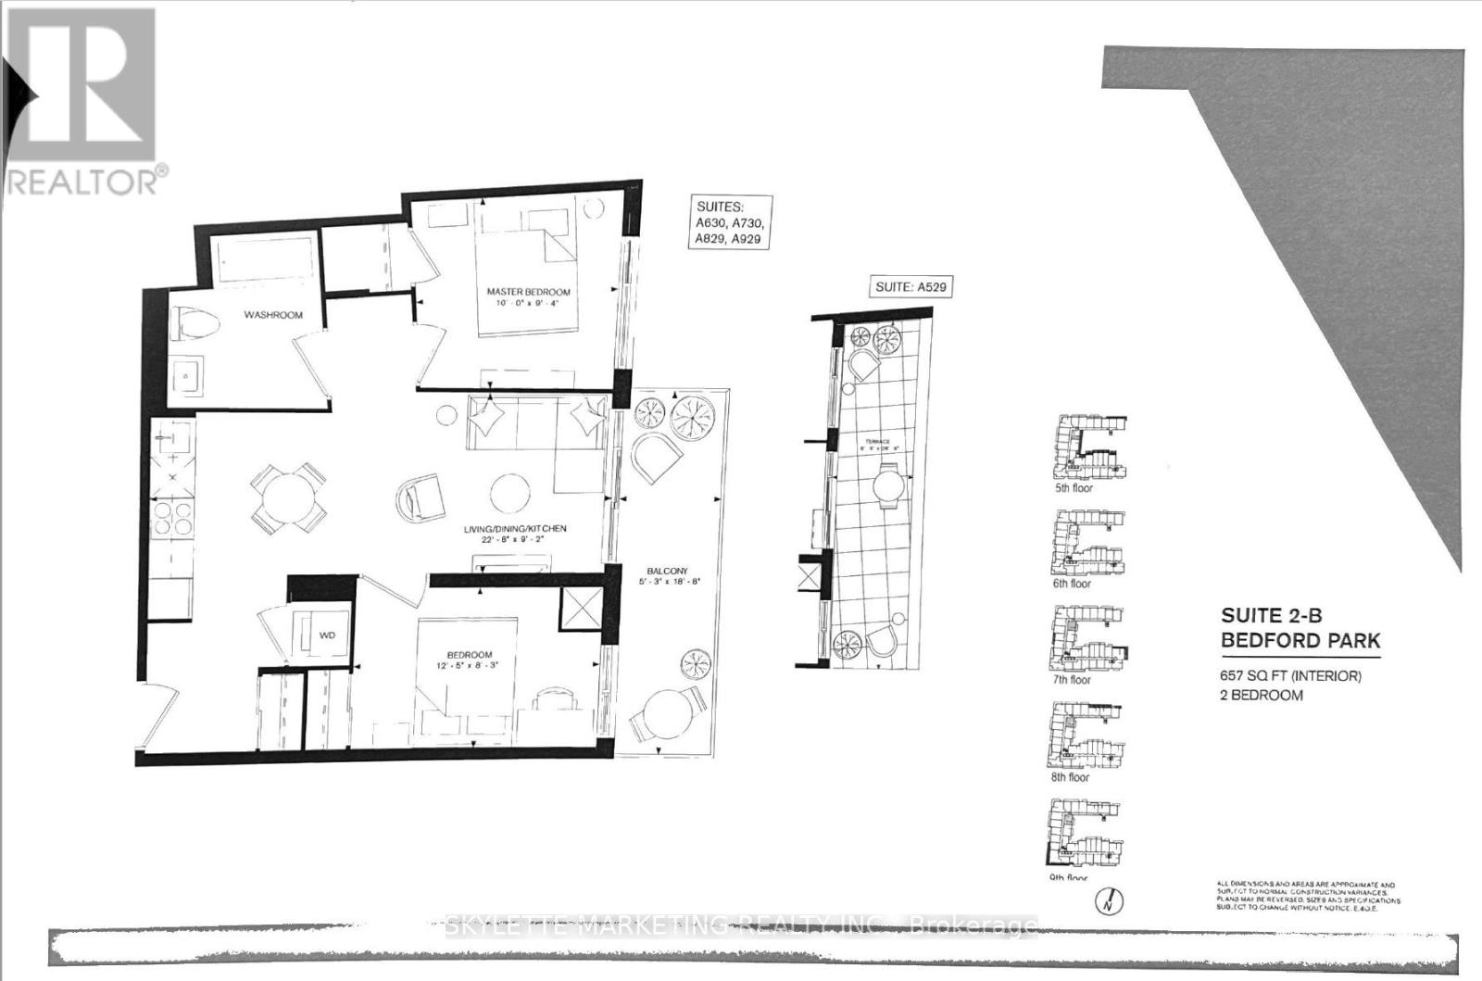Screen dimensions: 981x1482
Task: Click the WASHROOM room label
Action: (273, 315)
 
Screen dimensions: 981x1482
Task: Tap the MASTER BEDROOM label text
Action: (529, 292)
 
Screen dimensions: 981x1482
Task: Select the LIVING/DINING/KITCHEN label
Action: (515, 529)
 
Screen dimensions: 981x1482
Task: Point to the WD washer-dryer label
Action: (326, 635)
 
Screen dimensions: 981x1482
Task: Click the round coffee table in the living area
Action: (510, 493)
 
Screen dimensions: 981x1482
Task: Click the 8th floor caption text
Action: (1071, 778)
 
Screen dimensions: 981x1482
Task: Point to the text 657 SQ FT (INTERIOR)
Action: (1290, 676)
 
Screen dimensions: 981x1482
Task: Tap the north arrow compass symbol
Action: (1112, 899)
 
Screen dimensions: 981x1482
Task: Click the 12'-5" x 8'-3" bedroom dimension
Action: (468, 665)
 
